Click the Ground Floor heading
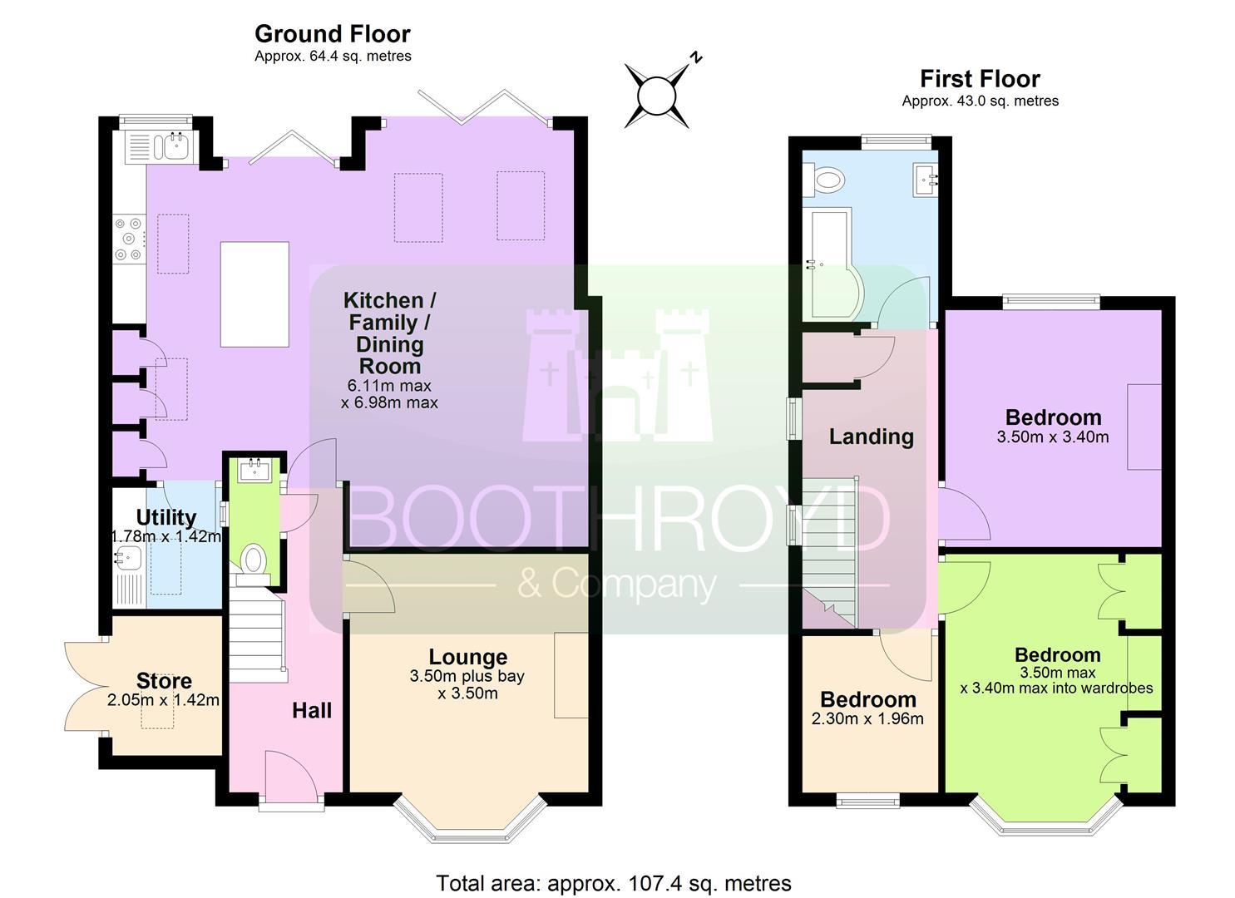[x=333, y=34]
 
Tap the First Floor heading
[x=980, y=79]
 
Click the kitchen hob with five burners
[x=129, y=239]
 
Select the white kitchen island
[x=254, y=294]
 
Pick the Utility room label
[x=166, y=518]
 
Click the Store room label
[x=164, y=681]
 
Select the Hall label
[x=312, y=711]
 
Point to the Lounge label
[x=468, y=657]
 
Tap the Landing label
[x=871, y=437]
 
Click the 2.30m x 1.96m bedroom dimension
[x=867, y=719]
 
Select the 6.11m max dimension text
[x=389, y=386]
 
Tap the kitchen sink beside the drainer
[x=175, y=146]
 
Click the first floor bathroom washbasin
[x=926, y=179]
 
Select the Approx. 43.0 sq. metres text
[x=980, y=101]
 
